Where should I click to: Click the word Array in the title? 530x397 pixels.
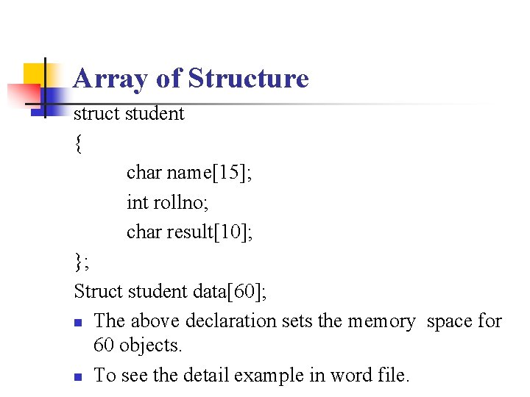click(104, 78)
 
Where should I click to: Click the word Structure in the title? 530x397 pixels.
click(248, 78)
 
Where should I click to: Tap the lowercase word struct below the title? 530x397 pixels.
click(97, 114)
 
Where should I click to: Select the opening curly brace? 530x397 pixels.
click(78, 143)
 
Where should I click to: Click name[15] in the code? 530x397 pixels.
click(210, 173)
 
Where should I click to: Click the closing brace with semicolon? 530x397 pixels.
click(80, 261)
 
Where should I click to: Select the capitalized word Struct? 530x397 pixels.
click(99, 291)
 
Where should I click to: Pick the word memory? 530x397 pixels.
click(381, 321)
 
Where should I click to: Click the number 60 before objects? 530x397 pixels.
click(105, 345)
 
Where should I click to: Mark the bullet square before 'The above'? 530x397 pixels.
click(79, 322)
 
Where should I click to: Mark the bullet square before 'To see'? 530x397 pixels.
click(79, 376)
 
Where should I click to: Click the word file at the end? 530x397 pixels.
click(392, 376)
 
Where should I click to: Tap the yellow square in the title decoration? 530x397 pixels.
click(33, 74)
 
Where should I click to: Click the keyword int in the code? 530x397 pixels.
click(137, 202)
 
